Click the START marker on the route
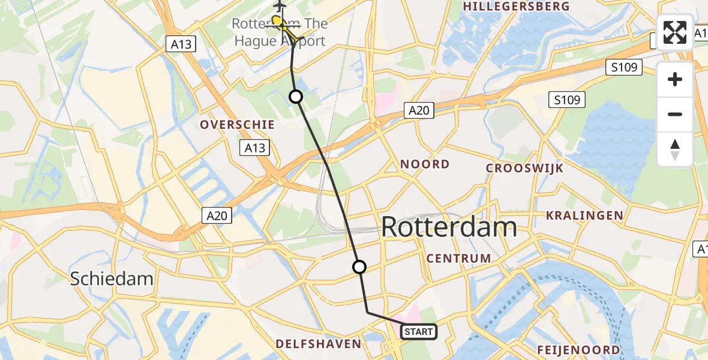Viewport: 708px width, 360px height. click(x=418, y=331)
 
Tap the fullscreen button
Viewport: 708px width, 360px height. click(x=675, y=32)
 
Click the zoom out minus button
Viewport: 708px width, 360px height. click(x=675, y=115)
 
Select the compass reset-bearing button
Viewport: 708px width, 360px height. click(x=675, y=149)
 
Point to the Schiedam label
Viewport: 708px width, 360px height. click(x=112, y=278)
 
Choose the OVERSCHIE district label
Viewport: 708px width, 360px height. click(x=238, y=125)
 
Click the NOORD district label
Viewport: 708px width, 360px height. click(x=425, y=164)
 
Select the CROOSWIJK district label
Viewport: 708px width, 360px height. click(x=524, y=169)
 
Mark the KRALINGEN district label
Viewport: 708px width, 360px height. click(x=584, y=215)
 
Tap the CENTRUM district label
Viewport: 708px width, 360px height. click(x=458, y=259)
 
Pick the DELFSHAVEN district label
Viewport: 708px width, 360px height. click(x=319, y=344)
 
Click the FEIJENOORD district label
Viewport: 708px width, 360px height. click(x=578, y=350)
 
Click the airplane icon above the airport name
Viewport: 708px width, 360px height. click(x=280, y=5)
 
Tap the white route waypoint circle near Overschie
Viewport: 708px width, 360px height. click(x=296, y=96)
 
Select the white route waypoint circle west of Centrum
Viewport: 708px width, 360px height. click(x=359, y=267)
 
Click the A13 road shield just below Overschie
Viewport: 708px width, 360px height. click(x=254, y=148)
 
